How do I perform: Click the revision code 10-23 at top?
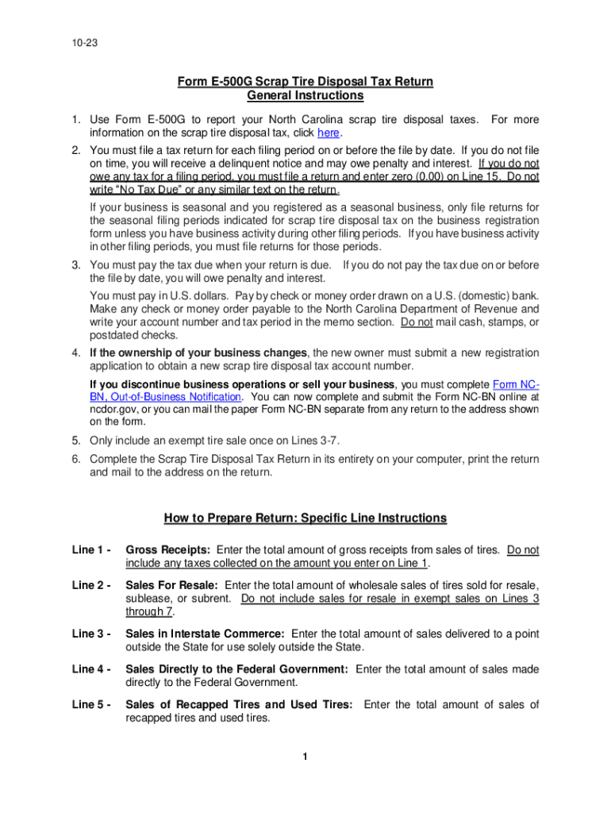[83, 46]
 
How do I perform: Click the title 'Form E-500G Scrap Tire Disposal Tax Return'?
[305, 83]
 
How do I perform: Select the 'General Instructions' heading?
[305, 96]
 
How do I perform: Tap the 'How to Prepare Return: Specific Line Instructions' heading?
[305, 518]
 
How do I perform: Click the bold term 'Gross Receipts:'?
[167, 549]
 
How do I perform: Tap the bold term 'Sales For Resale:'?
[172, 585]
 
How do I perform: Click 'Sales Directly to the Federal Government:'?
[236, 669]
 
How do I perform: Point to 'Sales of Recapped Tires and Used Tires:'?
[241, 705]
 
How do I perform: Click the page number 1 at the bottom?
[305, 756]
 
